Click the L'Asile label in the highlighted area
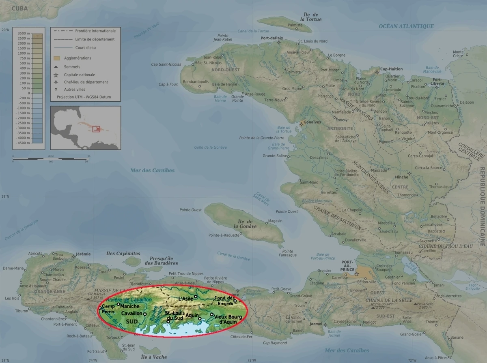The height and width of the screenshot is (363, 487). tap(186, 298)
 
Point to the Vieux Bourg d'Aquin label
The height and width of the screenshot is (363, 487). tap(228, 318)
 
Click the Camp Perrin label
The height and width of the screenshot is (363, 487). tap(108, 309)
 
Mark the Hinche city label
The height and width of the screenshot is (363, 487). tap(402, 177)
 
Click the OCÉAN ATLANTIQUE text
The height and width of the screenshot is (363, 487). tap(406, 26)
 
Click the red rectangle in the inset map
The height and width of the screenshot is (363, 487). tap(96, 129)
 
